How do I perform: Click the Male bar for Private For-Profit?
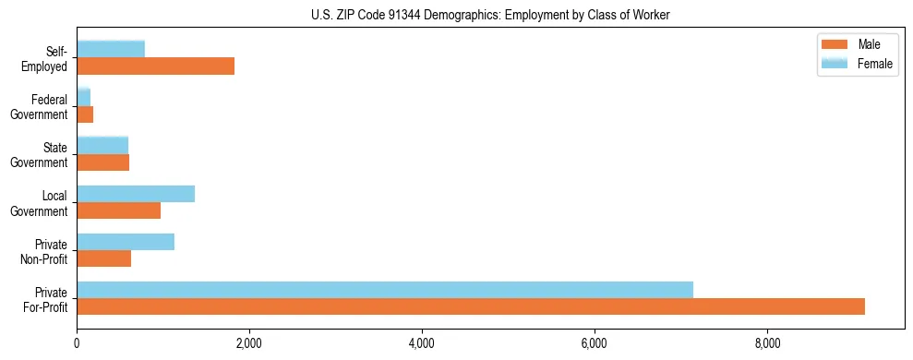click(471, 306)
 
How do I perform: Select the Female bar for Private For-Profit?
click(385, 290)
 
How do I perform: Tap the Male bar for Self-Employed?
click(155, 66)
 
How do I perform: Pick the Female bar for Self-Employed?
click(111, 50)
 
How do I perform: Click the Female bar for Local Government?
click(136, 194)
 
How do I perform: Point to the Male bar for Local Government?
click(118, 210)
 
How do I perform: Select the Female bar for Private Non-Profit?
click(126, 242)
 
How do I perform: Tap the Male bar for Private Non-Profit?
click(103, 258)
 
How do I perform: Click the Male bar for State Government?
click(102, 162)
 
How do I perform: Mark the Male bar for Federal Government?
click(85, 114)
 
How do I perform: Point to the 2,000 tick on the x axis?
click(249, 343)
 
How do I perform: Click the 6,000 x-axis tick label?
click(595, 343)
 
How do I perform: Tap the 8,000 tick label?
click(767, 343)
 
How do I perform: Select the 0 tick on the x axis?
click(77, 343)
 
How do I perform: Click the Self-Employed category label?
click(50, 58)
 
